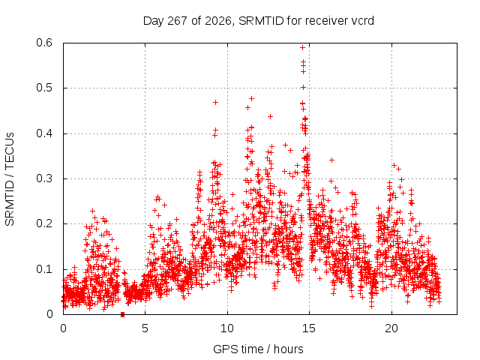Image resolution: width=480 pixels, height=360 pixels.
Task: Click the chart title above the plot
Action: coord(258,21)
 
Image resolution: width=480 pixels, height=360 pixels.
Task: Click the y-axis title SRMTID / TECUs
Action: coord(10,179)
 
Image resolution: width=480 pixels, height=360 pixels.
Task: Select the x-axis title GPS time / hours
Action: coord(258,349)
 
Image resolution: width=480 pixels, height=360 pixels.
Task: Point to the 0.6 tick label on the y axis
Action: coord(44,43)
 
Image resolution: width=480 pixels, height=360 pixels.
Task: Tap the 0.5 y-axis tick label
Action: coord(44,88)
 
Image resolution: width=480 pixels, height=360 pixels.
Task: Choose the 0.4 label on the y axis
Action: coord(44,133)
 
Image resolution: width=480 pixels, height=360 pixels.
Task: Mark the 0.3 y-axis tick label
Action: coord(44,178)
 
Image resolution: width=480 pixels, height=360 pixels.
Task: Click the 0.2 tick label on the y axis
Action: coord(44,223)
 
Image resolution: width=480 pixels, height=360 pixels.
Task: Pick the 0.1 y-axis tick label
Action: coord(44,269)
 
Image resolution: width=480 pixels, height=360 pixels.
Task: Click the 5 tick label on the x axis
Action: coord(145,328)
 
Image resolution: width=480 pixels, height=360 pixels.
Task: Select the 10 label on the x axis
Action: coord(227,328)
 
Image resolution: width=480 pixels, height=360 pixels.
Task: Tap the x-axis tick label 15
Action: coord(309,328)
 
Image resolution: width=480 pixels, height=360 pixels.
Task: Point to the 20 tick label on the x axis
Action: coord(391,328)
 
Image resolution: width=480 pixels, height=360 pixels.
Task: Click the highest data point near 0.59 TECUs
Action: coord(302,47)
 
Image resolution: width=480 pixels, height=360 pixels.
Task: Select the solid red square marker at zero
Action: coord(123,315)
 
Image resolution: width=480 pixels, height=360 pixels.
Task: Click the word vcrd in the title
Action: coord(362,21)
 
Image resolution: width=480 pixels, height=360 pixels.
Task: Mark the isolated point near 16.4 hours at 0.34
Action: coord(331,160)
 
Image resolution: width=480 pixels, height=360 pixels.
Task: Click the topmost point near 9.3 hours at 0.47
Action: coord(215,102)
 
